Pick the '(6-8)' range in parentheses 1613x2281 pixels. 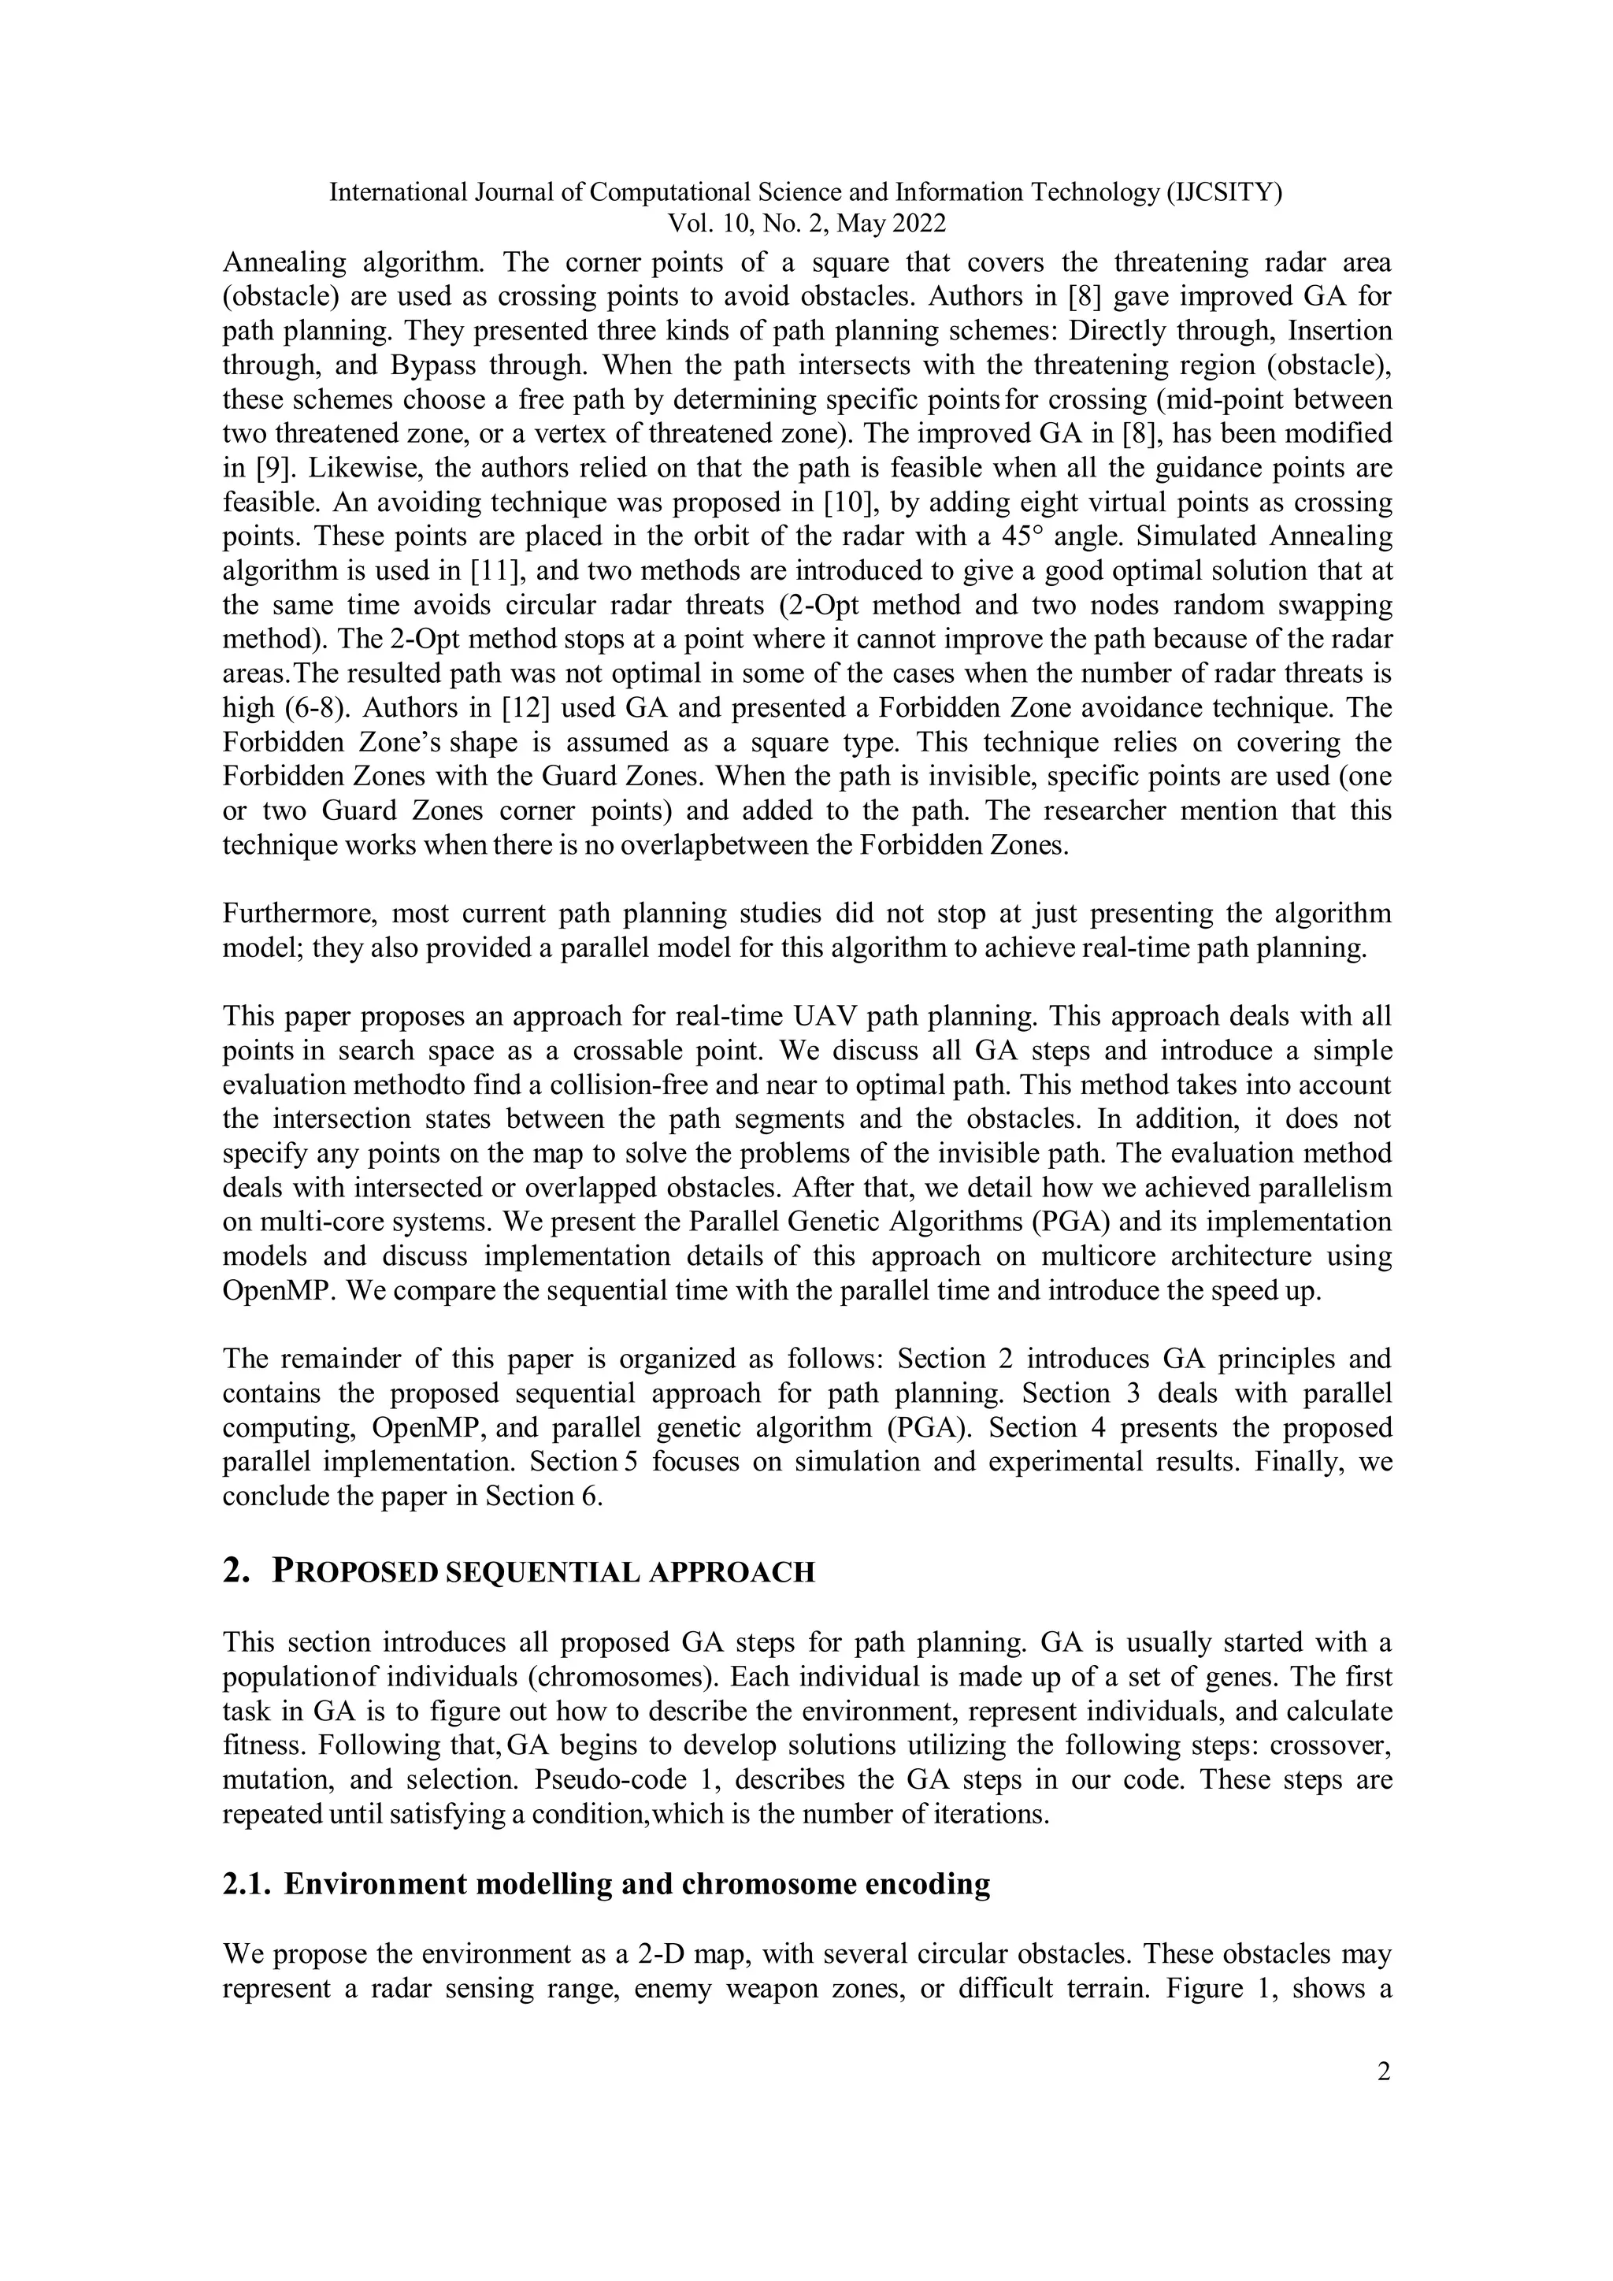pyautogui.click(x=287, y=708)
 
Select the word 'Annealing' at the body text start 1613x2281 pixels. pyautogui.click(x=284, y=263)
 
